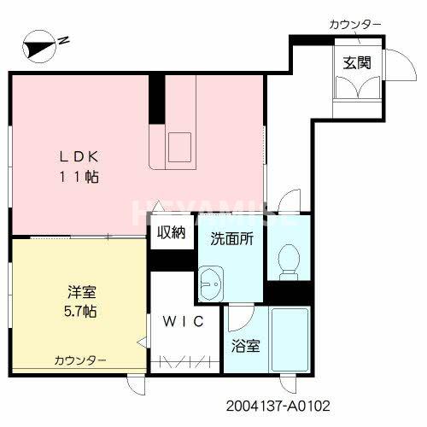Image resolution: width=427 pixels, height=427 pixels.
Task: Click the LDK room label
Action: pos(81,156)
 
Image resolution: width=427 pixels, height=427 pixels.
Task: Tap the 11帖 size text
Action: pos(81,177)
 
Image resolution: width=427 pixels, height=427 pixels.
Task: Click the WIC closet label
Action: pos(181,322)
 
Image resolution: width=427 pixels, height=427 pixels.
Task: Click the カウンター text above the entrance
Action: pos(355,24)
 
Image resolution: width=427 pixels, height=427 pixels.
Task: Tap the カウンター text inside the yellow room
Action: pos(81,360)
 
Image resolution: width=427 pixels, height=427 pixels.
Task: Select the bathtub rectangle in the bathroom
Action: pos(292,339)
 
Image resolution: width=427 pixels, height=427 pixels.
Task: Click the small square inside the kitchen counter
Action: pos(182,146)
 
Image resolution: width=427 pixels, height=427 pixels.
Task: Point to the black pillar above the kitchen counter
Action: pos(156,101)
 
